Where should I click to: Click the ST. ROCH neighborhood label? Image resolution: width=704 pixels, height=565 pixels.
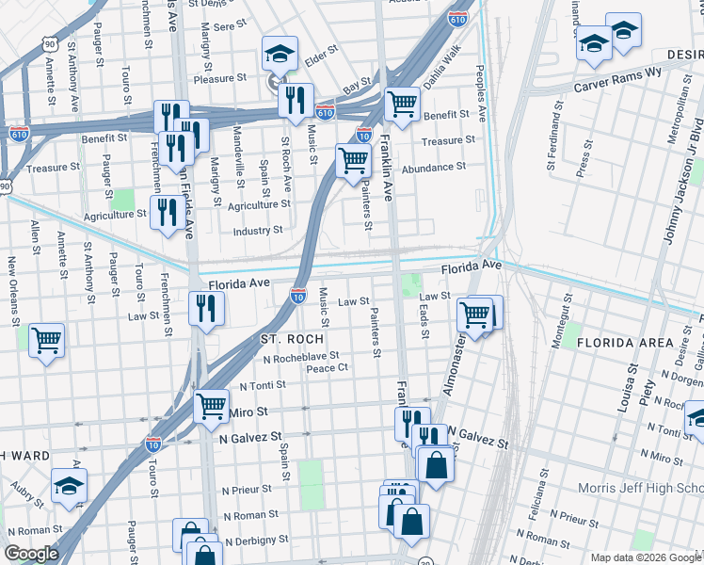coord(293,338)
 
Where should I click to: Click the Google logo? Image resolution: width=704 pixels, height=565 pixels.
coord(31,554)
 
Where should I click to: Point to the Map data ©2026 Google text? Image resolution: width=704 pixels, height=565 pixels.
coord(645,557)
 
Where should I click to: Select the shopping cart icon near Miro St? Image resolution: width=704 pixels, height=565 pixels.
coord(211,406)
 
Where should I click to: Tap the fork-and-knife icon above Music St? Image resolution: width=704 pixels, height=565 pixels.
coord(296,100)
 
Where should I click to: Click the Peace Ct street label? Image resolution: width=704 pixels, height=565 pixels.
coord(328,368)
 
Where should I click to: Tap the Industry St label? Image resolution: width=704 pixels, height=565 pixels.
coord(258,230)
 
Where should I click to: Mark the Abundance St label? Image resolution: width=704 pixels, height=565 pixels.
coord(434,167)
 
